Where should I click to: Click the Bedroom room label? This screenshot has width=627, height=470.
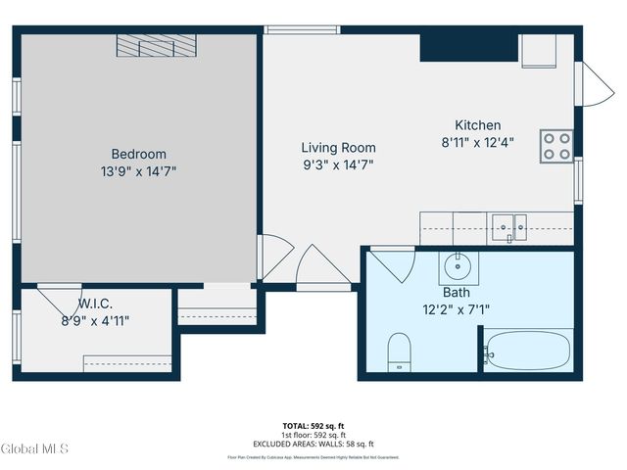(x=138, y=154)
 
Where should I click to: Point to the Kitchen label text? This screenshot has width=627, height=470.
(x=477, y=125)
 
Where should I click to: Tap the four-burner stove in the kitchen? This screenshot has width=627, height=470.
(x=556, y=146)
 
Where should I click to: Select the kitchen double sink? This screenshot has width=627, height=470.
(x=508, y=226)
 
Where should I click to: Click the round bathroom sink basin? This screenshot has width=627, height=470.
(x=456, y=265)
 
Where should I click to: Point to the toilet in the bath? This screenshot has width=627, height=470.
(x=399, y=352)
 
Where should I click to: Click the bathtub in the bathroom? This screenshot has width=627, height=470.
(x=527, y=352)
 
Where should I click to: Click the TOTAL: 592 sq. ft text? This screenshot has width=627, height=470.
(x=313, y=426)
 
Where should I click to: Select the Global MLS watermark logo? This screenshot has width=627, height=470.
(x=35, y=449)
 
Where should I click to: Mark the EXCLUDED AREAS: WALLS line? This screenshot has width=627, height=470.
(x=313, y=444)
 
